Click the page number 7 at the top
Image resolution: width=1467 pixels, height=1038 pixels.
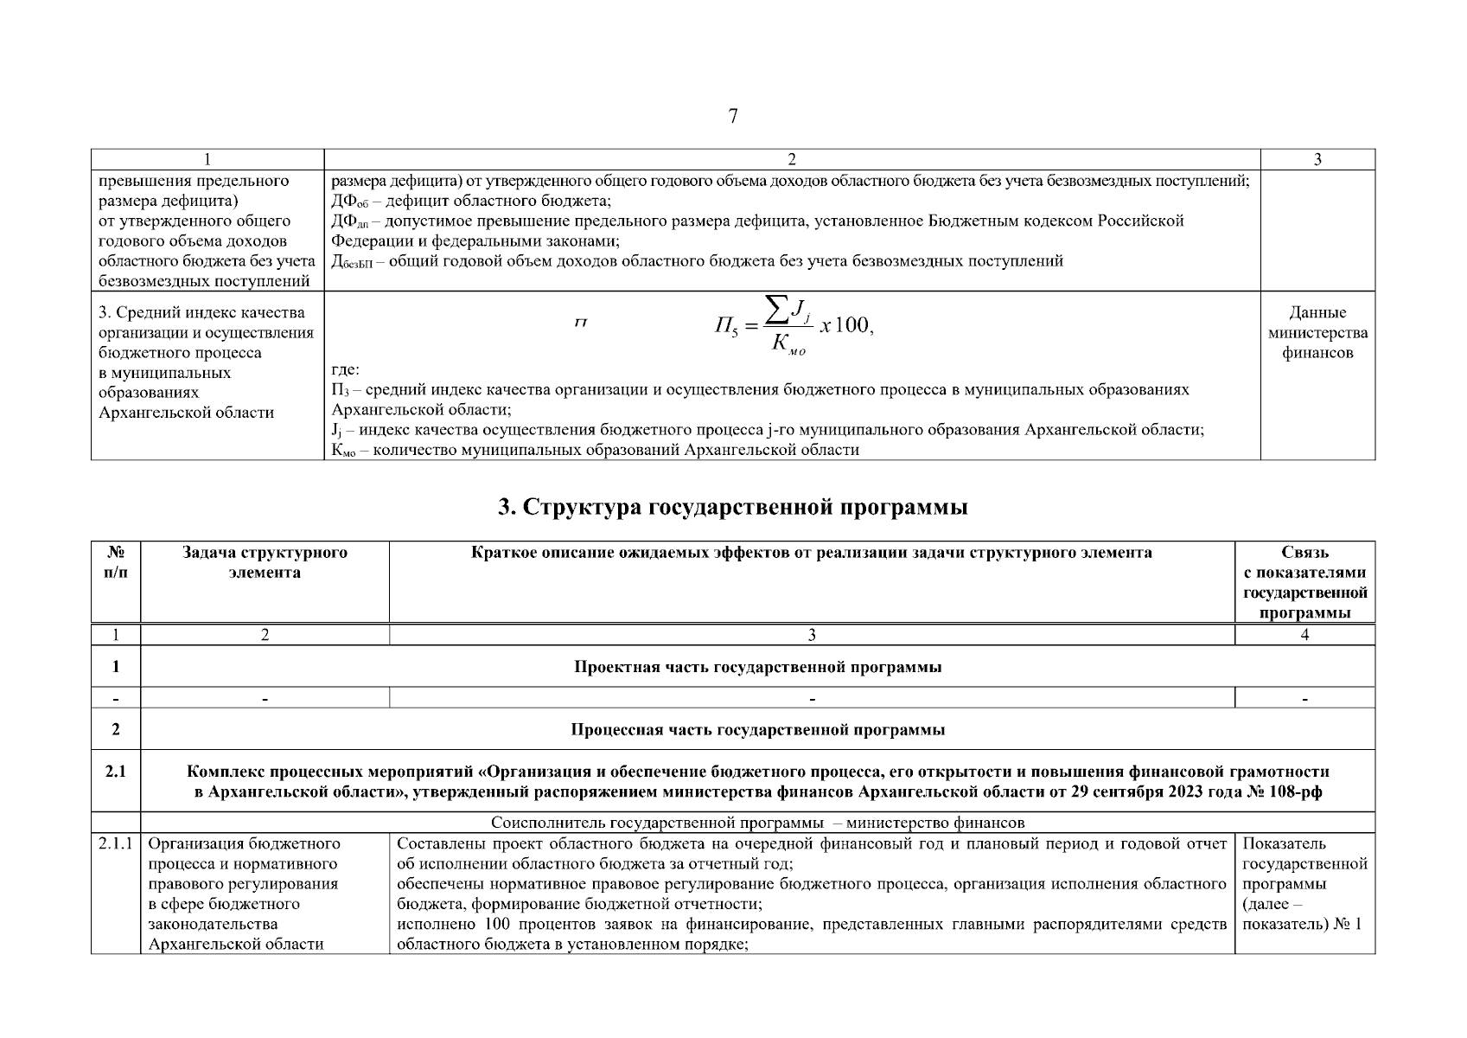click(x=733, y=116)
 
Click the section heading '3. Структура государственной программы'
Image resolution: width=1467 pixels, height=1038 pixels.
click(x=733, y=508)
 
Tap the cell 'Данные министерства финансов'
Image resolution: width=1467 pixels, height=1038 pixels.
click(x=1317, y=333)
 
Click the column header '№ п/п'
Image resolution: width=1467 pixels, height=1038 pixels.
click(x=116, y=562)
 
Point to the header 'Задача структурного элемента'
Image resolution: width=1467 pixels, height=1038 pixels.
click(x=265, y=562)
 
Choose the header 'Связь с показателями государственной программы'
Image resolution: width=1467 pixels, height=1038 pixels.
click(x=1304, y=582)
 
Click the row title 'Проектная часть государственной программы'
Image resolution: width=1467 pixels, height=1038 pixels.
click(x=757, y=667)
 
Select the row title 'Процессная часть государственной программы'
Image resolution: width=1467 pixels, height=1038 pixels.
click(x=757, y=729)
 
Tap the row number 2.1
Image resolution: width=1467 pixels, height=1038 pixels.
click(x=116, y=771)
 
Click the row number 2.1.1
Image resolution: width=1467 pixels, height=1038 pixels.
click(x=116, y=843)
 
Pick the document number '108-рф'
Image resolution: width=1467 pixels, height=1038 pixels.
click(x=1296, y=791)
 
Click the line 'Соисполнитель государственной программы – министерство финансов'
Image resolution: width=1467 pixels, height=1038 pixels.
click(x=757, y=823)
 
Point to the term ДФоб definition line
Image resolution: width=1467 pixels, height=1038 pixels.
click(x=471, y=202)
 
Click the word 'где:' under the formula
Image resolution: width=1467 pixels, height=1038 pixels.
click(x=346, y=370)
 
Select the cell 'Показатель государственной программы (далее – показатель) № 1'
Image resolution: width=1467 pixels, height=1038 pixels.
click(x=1304, y=883)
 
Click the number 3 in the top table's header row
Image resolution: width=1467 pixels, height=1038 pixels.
click(x=1317, y=159)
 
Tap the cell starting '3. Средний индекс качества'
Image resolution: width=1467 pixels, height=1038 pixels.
click(x=207, y=362)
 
